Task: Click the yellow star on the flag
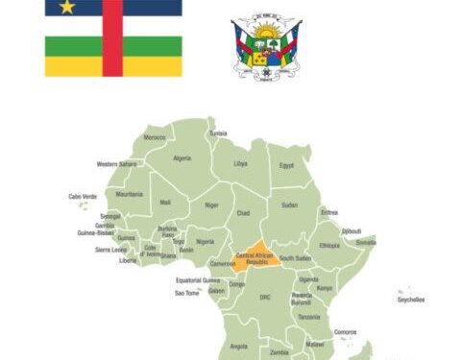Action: (67, 8)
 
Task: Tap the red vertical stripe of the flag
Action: (113, 43)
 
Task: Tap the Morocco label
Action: (155, 137)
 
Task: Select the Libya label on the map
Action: (241, 164)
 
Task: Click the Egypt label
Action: (286, 165)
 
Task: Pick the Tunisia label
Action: (218, 132)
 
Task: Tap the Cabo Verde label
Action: (83, 197)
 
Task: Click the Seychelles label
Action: (410, 300)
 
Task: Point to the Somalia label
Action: (366, 242)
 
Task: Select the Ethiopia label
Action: (329, 246)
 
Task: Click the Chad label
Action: (243, 212)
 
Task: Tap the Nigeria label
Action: (205, 241)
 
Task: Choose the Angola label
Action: (239, 346)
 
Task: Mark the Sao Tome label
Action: (186, 294)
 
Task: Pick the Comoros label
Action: (345, 331)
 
